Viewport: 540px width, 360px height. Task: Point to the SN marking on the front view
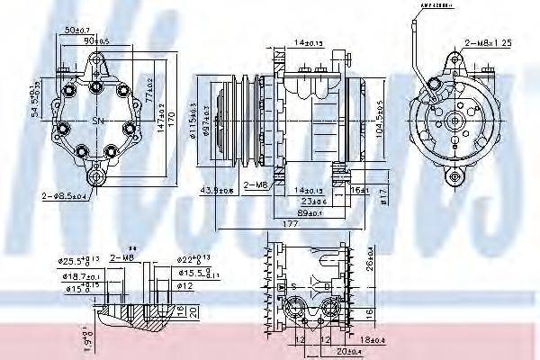pos(98,121)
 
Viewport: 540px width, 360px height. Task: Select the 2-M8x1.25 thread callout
pos(488,41)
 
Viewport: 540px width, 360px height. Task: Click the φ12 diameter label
pos(185,285)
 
